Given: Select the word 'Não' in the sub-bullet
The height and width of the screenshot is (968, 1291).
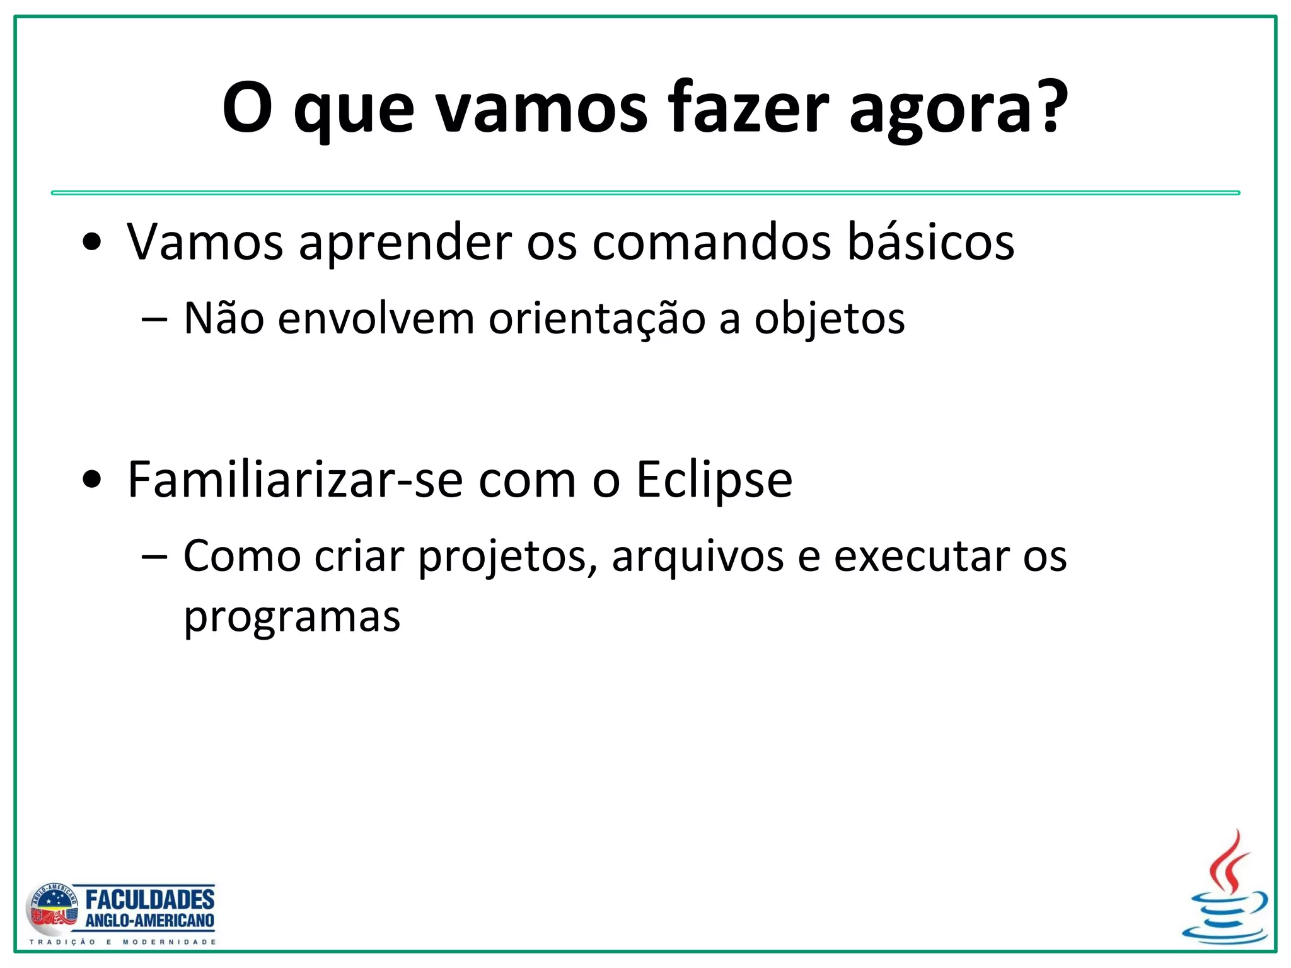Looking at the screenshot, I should [224, 318].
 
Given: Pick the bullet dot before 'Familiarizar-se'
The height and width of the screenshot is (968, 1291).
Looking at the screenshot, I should [92, 480].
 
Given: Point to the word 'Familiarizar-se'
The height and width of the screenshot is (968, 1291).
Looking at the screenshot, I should [295, 480].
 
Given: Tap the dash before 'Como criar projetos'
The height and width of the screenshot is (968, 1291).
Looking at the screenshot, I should [155, 557].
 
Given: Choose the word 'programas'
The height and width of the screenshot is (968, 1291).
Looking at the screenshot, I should [292, 618].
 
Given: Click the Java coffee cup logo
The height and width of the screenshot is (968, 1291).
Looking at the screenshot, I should [1225, 890].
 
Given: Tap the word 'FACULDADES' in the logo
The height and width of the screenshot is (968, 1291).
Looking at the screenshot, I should [150, 899].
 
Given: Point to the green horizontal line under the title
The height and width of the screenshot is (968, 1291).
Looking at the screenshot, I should [645, 193].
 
